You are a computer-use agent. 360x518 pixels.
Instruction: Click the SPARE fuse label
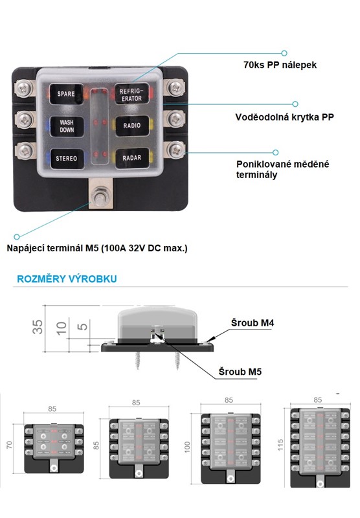(66, 94)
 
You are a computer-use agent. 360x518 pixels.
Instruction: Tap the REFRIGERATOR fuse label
(131, 95)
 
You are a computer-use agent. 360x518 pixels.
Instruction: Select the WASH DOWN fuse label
(67, 126)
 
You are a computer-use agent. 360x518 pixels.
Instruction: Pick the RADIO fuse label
(132, 126)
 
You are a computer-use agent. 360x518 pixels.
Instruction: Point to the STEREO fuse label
(67, 159)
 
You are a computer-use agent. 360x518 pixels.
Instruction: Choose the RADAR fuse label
(132, 158)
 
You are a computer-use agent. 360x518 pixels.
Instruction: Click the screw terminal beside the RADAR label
(175, 150)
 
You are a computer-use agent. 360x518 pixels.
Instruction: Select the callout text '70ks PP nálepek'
(280, 65)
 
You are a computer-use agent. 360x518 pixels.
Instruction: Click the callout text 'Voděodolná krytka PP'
(284, 117)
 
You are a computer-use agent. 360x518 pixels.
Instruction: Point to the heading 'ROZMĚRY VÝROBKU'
(67, 279)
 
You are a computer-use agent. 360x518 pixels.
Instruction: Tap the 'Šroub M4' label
(253, 322)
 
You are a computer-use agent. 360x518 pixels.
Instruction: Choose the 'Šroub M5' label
(240, 372)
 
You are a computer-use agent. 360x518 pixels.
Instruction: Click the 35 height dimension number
(38, 327)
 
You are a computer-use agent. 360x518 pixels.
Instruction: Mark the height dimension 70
(9, 445)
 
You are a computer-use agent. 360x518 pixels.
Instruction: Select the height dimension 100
(188, 447)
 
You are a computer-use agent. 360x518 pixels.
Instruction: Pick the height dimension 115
(280, 445)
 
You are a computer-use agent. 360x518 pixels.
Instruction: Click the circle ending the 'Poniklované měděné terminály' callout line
(275, 152)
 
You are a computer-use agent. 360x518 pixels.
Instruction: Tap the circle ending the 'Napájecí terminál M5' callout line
(17, 236)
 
